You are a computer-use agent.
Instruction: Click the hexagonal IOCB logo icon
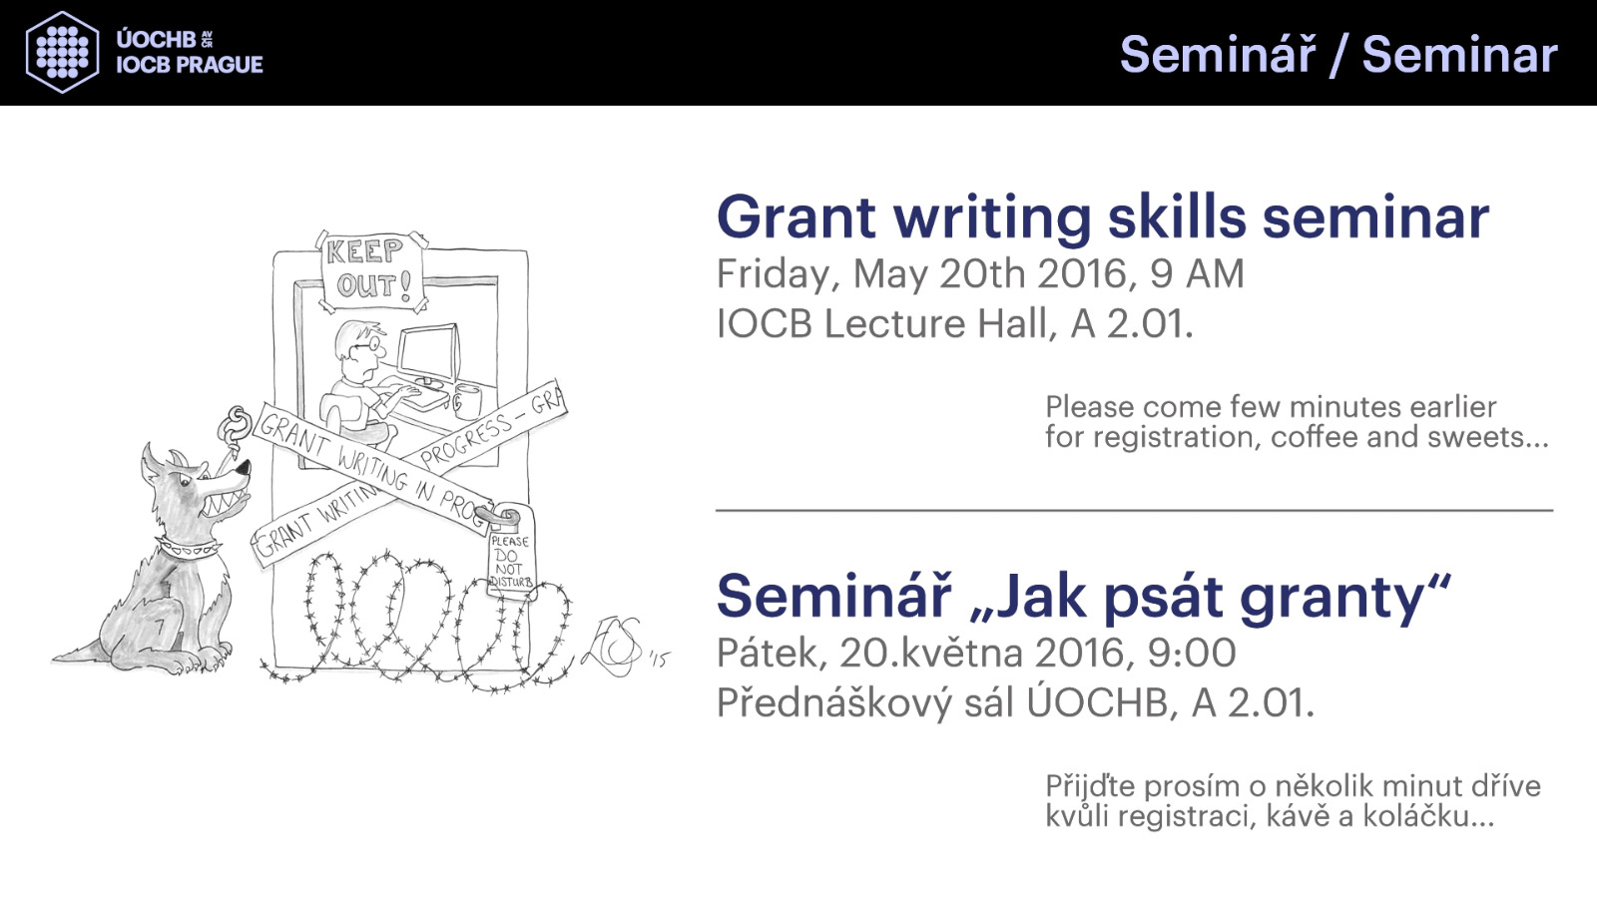[x=62, y=52]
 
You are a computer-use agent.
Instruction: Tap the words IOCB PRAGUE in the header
[x=190, y=65]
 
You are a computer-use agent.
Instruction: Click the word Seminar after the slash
[x=1459, y=55]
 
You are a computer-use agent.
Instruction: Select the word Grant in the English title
[x=797, y=217]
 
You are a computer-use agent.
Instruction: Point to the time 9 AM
[x=1197, y=273]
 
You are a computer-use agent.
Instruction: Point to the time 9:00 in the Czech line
[x=1192, y=653]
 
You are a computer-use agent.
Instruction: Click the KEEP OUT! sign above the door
[x=371, y=270]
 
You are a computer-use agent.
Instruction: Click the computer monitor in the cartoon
[x=428, y=355]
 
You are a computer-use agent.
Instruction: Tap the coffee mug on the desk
[x=467, y=401]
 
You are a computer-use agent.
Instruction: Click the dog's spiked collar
[x=188, y=548]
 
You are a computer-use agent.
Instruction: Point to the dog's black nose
[x=244, y=468]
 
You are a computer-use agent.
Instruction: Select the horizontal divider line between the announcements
[x=1134, y=510]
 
